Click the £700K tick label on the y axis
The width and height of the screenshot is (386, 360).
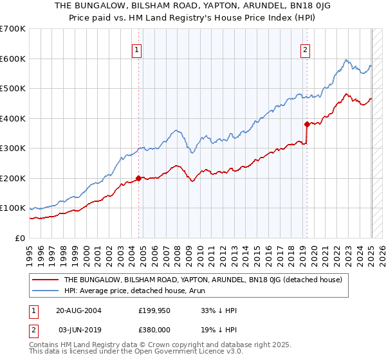[x=13, y=29]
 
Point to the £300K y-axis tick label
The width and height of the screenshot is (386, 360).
[x=13, y=148]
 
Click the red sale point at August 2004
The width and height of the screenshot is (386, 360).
[x=138, y=178]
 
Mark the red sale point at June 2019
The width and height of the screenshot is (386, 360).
[x=307, y=124]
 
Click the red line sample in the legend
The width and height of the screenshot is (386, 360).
[x=46, y=280]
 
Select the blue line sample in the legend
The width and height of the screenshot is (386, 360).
[x=46, y=290]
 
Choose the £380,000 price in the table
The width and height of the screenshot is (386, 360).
[x=154, y=329]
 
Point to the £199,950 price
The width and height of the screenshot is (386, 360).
[x=154, y=310]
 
